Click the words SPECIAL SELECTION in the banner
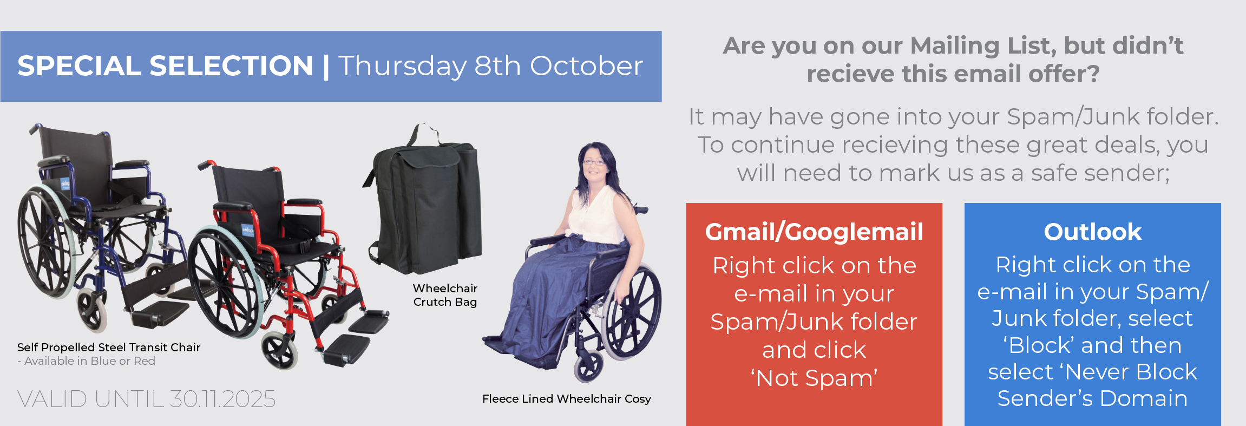(x=165, y=66)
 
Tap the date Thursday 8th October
(x=491, y=66)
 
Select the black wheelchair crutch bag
(x=424, y=203)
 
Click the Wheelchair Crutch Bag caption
(x=445, y=295)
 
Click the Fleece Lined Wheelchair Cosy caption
(x=567, y=399)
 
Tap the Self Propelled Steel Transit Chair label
(x=109, y=348)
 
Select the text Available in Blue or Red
(x=90, y=361)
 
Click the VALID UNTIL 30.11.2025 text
(x=146, y=399)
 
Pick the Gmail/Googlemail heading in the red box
(x=814, y=232)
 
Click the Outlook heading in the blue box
(x=1093, y=232)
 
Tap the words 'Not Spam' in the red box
(x=814, y=378)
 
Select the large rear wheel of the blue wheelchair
(x=46, y=241)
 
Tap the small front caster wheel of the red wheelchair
(x=280, y=351)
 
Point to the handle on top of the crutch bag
(x=424, y=133)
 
